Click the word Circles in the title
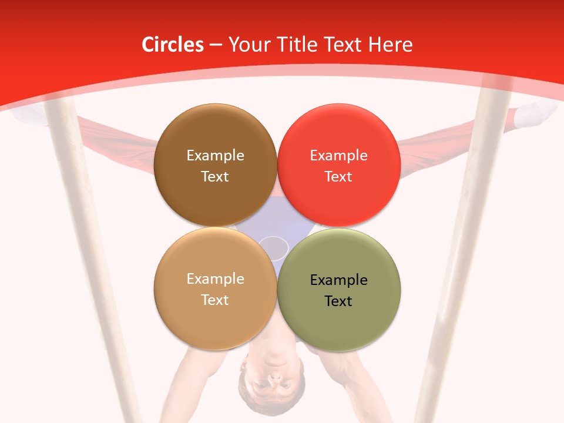tap(173, 45)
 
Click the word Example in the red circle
tap(339, 155)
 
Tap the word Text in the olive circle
tap(338, 301)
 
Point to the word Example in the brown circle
tap(215, 155)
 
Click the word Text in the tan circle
tap(215, 300)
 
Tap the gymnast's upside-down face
tap(272, 382)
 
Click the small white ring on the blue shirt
tap(273, 247)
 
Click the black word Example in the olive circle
tap(339, 280)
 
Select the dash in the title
tap(216, 45)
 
